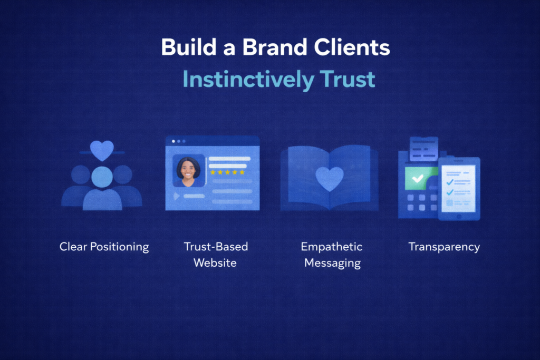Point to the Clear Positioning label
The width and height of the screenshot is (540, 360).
tap(104, 247)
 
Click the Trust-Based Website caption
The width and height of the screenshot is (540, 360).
tap(216, 255)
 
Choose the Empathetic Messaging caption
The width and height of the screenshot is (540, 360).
tap(331, 255)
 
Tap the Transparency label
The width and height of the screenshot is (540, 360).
tap(444, 247)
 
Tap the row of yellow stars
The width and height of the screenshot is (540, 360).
tap(227, 172)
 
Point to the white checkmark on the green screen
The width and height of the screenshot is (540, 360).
tap(417, 179)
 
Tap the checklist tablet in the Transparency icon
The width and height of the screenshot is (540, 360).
tap(459, 188)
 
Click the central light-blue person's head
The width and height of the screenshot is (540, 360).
tap(102, 177)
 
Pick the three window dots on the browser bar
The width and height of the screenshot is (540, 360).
tap(179, 141)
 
